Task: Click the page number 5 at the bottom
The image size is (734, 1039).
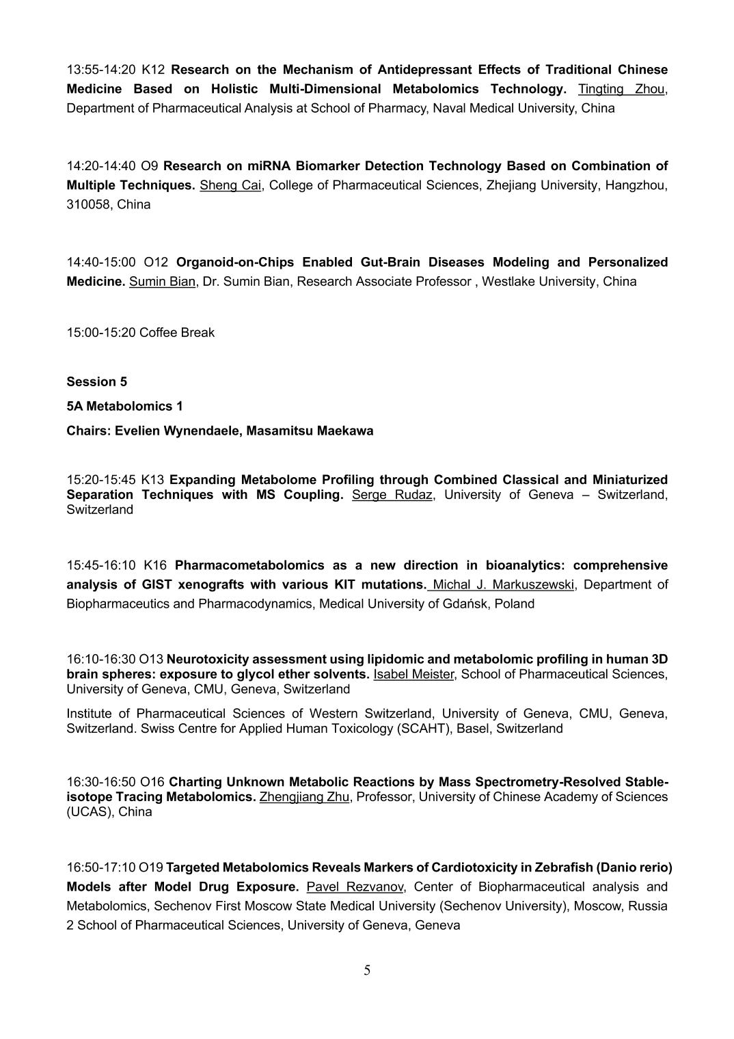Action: [x=367, y=970]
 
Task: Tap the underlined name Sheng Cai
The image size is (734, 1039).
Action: [x=230, y=185]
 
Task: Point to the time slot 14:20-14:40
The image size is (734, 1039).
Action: [x=100, y=166]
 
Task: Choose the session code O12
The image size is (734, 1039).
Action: [x=156, y=262]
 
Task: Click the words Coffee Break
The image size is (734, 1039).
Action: [x=177, y=333]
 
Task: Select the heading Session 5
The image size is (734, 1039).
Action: [x=96, y=381]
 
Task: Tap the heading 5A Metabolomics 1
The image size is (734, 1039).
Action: [x=124, y=406]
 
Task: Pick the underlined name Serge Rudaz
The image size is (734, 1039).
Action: [x=392, y=494]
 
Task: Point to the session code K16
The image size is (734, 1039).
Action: [x=155, y=565]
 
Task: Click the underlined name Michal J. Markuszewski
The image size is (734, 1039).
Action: [x=504, y=584]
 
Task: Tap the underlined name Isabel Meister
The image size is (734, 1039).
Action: [x=413, y=674]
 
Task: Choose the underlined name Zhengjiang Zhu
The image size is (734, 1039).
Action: [x=304, y=796]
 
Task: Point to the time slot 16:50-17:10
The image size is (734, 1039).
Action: [x=100, y=867]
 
